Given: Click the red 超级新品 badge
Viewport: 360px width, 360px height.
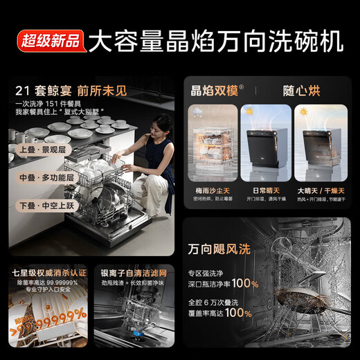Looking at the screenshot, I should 48,40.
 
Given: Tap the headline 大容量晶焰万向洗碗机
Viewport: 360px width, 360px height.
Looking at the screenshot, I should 216,40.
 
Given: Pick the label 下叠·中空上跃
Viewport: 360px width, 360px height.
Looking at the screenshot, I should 43,206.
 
